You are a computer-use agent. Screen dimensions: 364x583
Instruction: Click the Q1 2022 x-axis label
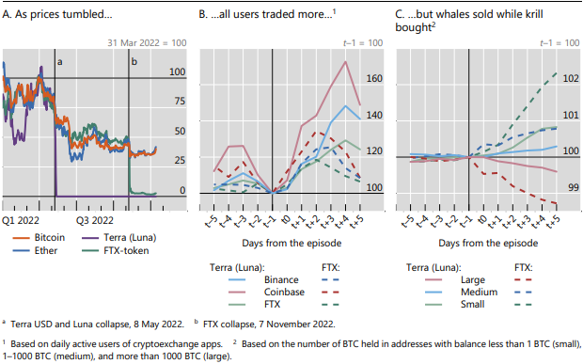coord(21,220)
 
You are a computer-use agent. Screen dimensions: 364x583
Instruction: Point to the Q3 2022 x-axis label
coord(95,220)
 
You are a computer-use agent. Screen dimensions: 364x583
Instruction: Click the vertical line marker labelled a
coord(55,122)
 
